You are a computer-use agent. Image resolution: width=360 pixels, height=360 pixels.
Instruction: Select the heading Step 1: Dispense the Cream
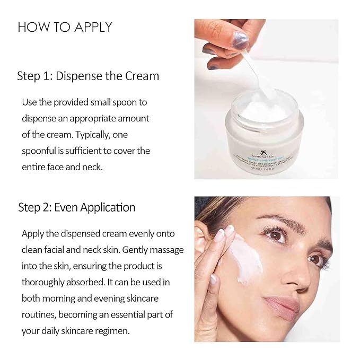point(89,76)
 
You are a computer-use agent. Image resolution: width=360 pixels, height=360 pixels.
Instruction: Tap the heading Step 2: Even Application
point(77,207)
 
